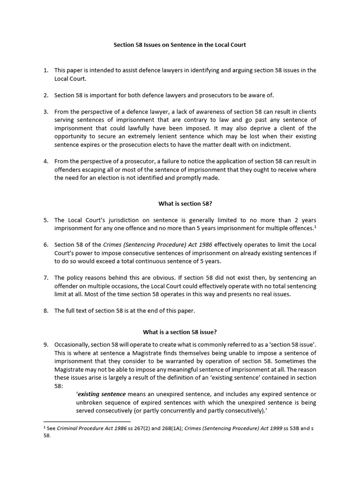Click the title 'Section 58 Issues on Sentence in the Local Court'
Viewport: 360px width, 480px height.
(x=180, y=45)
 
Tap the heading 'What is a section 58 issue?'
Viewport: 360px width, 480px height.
(x=180, y=332)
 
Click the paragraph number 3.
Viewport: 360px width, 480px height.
(x=46, y=112)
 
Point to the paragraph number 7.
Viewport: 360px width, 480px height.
(x=46, y=277)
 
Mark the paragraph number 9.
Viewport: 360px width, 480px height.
(x=46, y=344)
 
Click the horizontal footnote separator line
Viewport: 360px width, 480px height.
(x=87, y=422)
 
